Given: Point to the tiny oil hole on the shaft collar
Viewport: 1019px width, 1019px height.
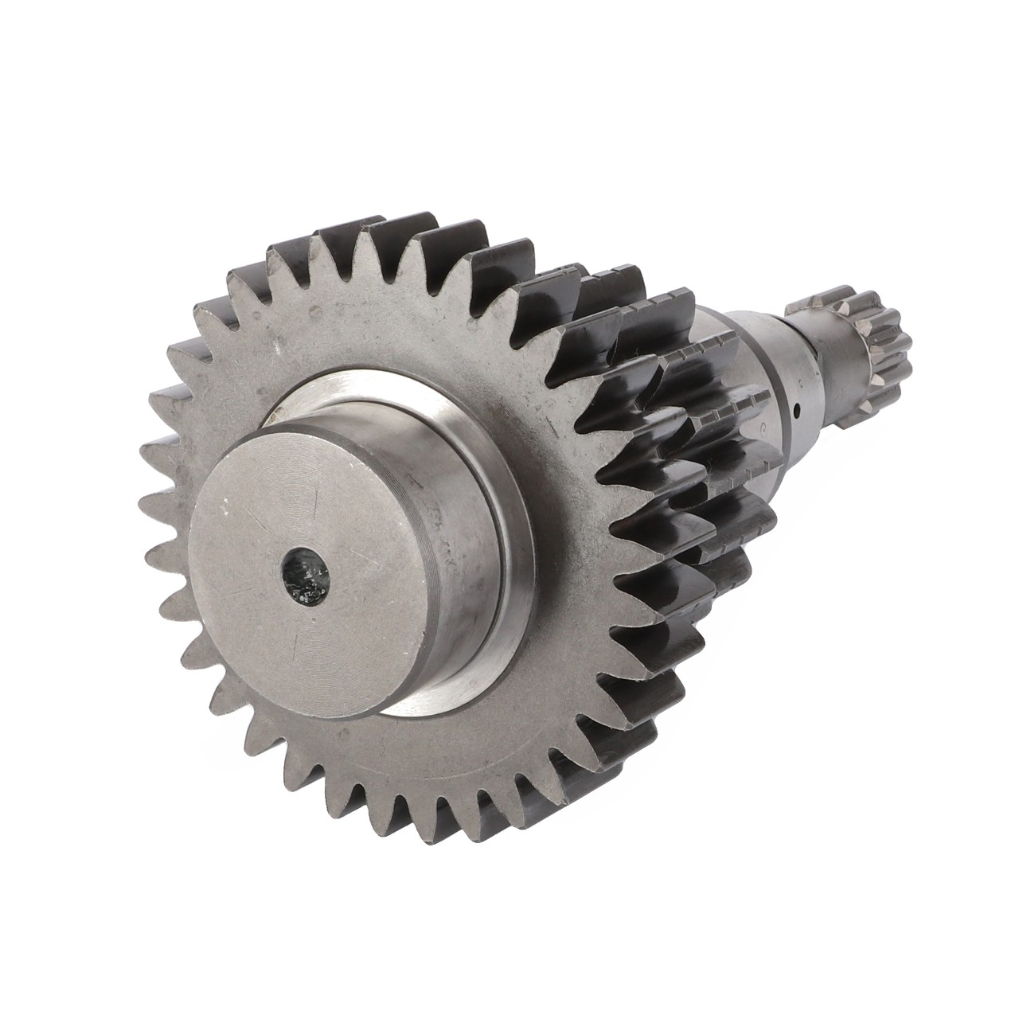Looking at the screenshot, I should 797,412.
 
